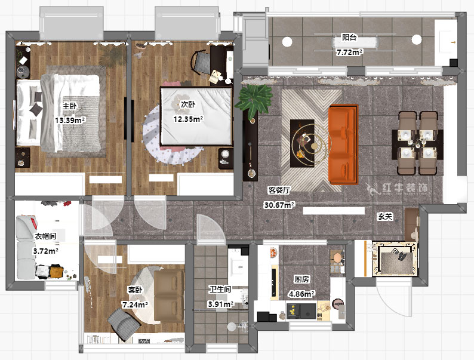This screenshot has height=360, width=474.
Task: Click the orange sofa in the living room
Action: point(343,144)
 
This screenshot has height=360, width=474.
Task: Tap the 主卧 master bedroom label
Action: point(70,106)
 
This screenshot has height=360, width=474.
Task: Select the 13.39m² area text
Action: point(70,120)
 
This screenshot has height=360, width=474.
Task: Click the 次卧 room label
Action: point(187,104)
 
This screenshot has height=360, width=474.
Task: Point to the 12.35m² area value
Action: point(187,119)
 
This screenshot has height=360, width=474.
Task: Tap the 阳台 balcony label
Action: point(349,38)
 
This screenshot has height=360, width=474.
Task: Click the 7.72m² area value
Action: point(349,53)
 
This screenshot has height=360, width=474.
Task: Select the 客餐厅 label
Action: point(279,190)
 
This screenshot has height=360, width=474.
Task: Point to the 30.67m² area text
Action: point(279,205)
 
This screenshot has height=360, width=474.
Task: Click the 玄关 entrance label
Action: point(385,217)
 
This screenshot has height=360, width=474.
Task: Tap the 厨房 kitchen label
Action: point(301,279)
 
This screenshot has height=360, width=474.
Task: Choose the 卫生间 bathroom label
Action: point(220,290)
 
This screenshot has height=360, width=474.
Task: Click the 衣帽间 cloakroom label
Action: point(45,236)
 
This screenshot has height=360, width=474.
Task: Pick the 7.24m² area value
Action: point(135,304)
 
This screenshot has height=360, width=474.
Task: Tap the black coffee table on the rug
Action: point(302,143)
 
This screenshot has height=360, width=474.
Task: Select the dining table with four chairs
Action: point(417,143)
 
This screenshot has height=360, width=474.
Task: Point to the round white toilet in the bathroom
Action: point(232,327)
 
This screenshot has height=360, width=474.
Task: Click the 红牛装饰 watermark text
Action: point(405,188)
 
